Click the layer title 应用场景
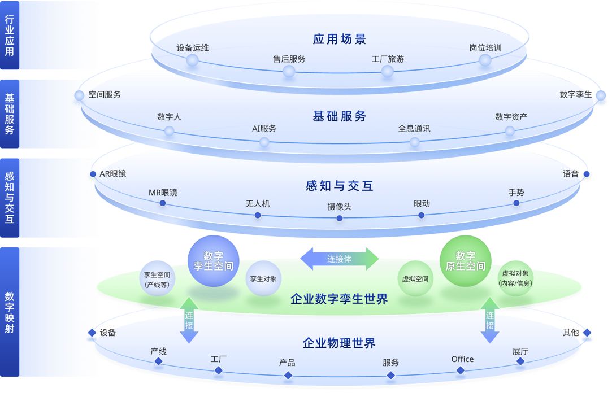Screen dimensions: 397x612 click(x=340, y=39)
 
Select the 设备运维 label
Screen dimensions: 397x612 click(x=192, y=48)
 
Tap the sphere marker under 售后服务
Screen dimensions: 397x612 click(x=289, y=71)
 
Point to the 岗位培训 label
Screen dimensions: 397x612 click(x=485, y=48)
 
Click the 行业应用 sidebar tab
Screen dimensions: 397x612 click(x=10, y=35)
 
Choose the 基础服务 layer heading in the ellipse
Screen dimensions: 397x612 click(x=340, y=116)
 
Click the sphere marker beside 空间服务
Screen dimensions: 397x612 click(x=80, y=95)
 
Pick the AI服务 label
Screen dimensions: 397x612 click(x=264, y=128)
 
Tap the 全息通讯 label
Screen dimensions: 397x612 click(x=414, y=128)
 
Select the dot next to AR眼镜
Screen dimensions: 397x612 click(x=93, y=174)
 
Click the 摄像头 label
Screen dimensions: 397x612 click(x=339, y=207)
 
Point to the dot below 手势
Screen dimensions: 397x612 click(x=516, y=203)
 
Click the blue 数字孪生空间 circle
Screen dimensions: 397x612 click(x=213, y=261)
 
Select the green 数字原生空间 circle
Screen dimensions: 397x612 click(x=465, y=261)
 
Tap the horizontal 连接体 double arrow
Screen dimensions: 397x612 click(x=339, y=259)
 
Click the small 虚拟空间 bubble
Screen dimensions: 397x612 click(x=415, y=278)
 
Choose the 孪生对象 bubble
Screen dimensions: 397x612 click(x=263, y=278)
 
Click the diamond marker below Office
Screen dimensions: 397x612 click(x=461, y=370)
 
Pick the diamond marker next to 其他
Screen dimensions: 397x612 click(x=587, y=333)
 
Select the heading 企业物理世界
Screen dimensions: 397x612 click(x=339, y=343)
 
